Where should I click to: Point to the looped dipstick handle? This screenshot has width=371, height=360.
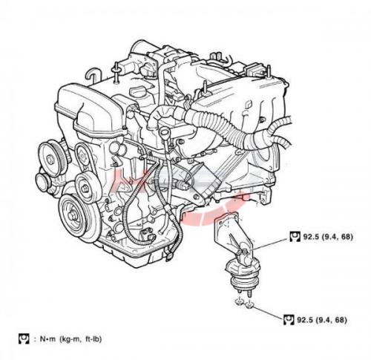tap(164, 132)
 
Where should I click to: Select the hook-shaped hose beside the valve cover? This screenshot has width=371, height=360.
tap(93, 75)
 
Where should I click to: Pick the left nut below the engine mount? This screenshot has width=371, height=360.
tap(239, 301)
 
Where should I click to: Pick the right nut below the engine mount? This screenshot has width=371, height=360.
tap(250, 304)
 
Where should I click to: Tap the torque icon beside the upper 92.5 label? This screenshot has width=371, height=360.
tap(295, 236)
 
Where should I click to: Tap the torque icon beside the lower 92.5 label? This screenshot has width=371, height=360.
tap(289, 320)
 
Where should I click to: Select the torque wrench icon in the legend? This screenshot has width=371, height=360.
tap(24, 338)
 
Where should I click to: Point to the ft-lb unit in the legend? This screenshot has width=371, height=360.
tap(93, 339)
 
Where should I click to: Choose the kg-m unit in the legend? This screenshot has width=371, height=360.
tap(70, 339)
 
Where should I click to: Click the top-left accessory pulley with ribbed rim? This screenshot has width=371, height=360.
tap(51, 158)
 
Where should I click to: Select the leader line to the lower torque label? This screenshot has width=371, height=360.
tap(269, 312)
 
